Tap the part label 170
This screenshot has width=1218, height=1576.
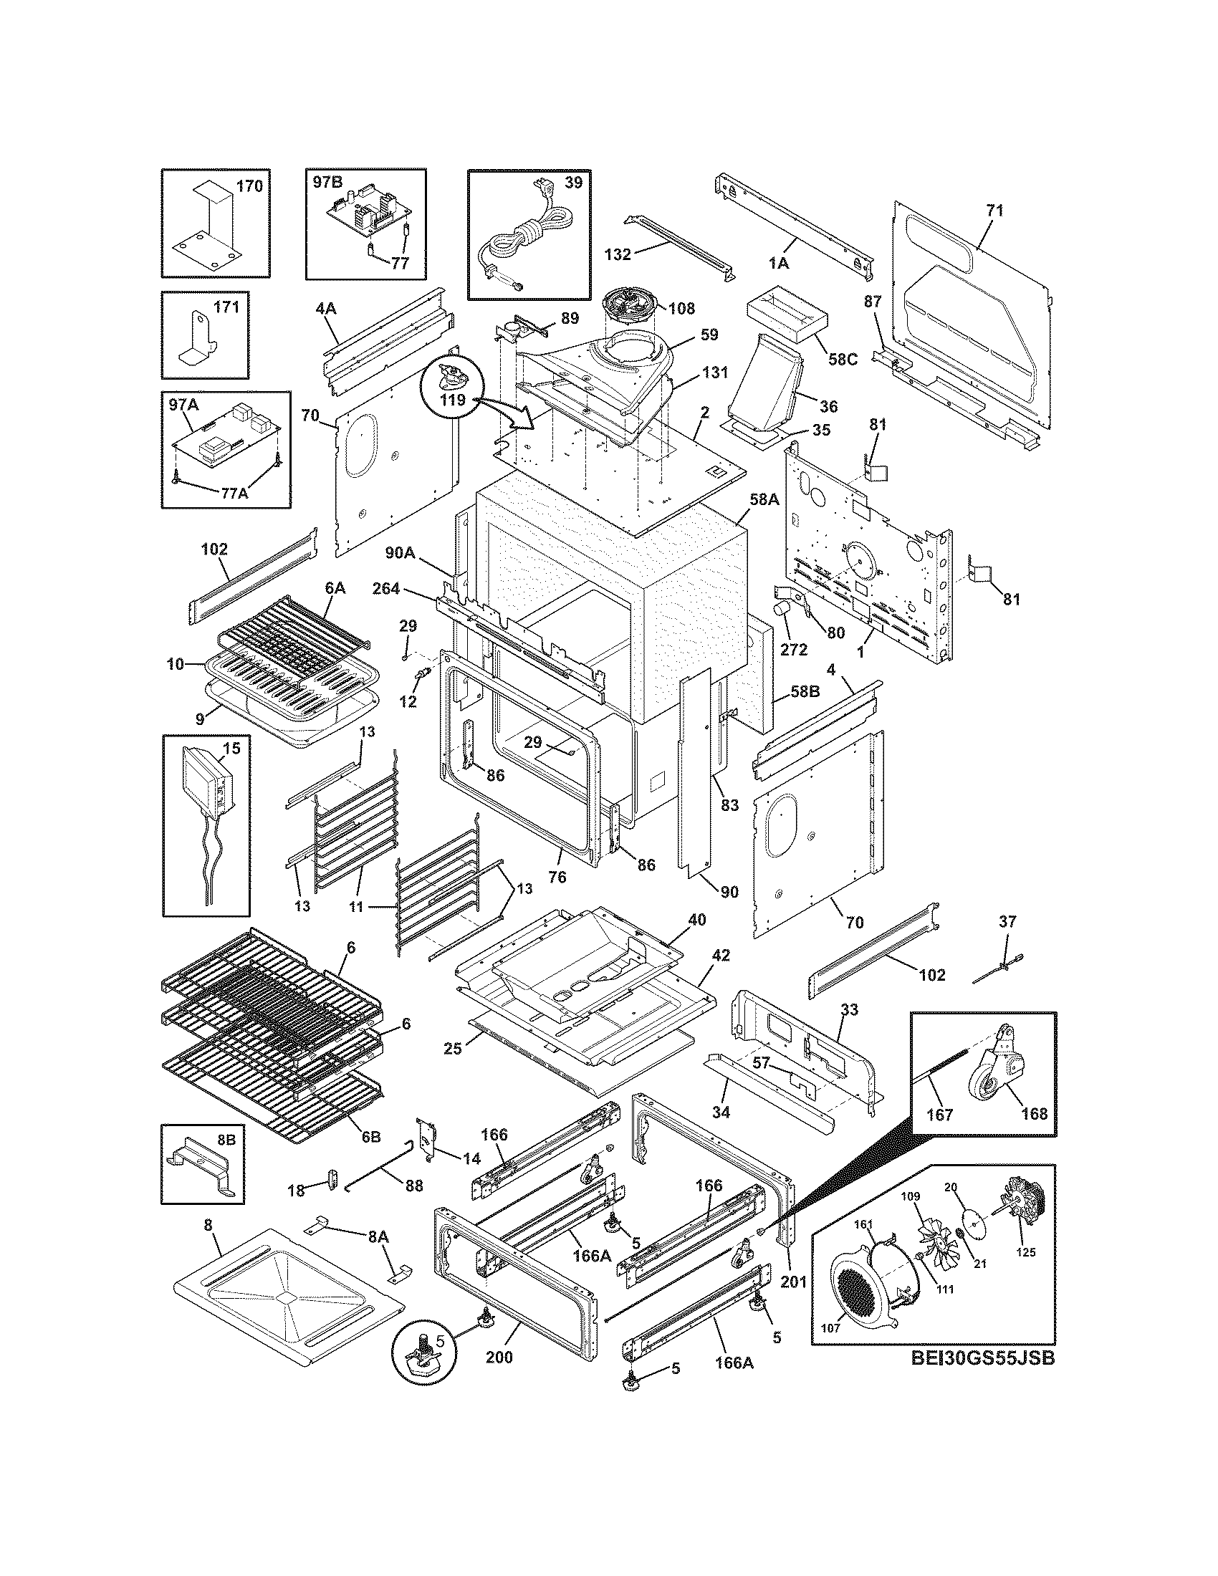pos(249,186)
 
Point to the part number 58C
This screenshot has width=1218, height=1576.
pos(843,359)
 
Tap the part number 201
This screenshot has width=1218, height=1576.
pos(793,1282)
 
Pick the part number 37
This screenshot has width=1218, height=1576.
pos(1007,921)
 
